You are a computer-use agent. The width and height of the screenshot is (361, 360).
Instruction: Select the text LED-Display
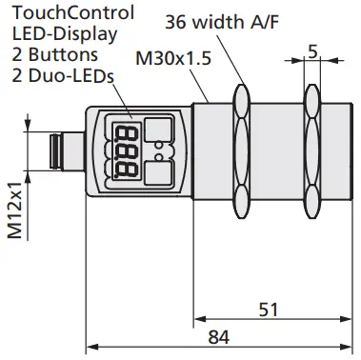pyautogui.click(x=55, y=33)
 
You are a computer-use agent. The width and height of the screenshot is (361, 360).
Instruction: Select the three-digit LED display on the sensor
pyautogui.click(x=123, y=150)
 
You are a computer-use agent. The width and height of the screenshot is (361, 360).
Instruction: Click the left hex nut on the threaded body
pyautogui.click(x=240, y=150)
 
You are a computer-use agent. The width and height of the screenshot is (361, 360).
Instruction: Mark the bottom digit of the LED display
pyautogui.click(x=123, y=170)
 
